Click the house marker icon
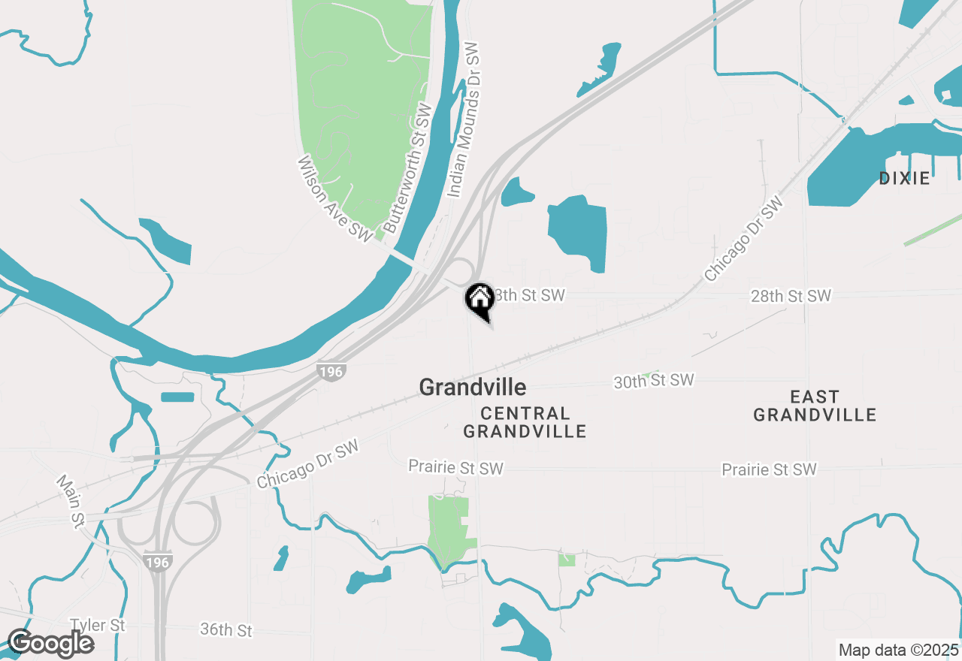coord(479,300)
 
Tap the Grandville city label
coord(472,388)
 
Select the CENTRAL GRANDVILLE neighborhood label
coord(525,422)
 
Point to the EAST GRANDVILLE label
coord(815,406)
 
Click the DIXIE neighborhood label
coord(905,179)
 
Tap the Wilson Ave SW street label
coord(334,199)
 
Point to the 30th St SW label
coord(654,382)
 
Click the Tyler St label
coord(97,625)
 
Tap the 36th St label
coord(226,629)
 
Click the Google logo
coord(50,644)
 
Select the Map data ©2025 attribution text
coord(898,650)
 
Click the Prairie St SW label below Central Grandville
coord(455,468)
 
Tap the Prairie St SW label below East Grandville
coord(769,469)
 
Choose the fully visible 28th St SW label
coord(791,297)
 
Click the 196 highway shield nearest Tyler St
coord(159,562)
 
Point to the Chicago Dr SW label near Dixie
coord(743,239)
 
